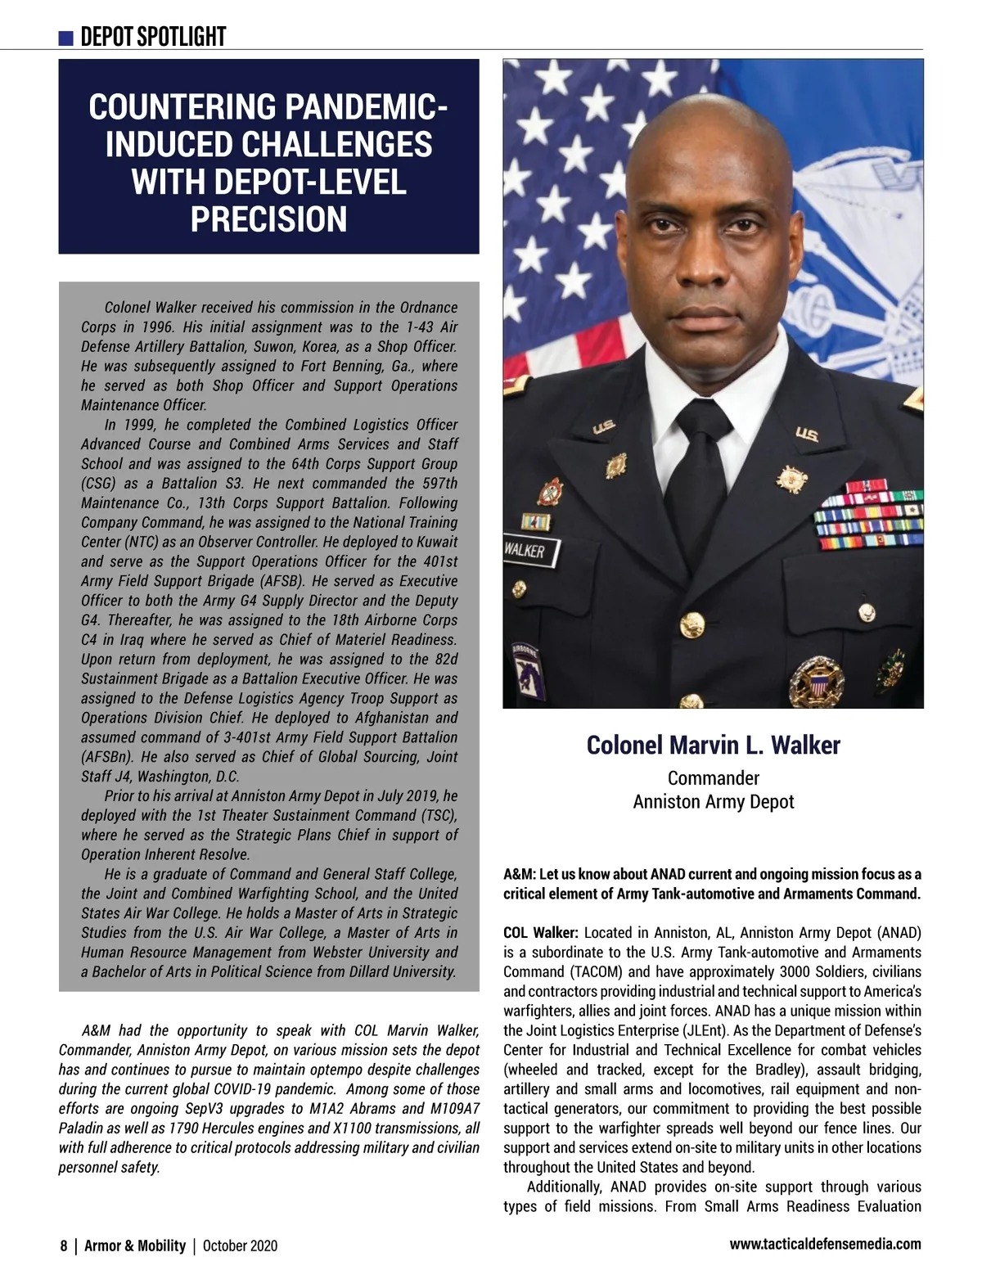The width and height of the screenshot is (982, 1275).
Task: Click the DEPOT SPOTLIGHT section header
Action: point(153,37)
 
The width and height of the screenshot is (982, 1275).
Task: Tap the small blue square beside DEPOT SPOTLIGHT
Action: point(66,38)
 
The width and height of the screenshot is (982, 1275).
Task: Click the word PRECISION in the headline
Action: point(268,219)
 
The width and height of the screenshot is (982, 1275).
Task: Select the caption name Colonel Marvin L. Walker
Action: point(713,746)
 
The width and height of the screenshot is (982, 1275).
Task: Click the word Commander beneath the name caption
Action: point(713,778)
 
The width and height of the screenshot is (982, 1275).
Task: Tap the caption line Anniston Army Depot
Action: point(713,801)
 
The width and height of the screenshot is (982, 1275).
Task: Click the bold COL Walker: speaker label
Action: point(541,933)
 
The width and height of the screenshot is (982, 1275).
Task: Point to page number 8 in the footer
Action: point(63,1246)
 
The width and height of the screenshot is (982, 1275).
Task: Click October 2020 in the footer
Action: point(240,1246)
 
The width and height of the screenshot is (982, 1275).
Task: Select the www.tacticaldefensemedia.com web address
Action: point(824,1244)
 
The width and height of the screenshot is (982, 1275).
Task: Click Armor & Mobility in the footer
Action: point(135,1246)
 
